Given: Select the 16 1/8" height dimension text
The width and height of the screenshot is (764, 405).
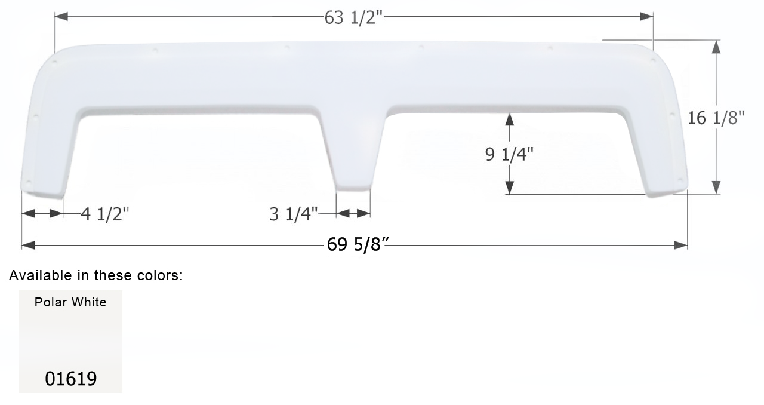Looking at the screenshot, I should pyautogui.click(x=716, y=118).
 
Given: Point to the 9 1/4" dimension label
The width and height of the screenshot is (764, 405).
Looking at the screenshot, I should pyautogui.click(x=509, y=154).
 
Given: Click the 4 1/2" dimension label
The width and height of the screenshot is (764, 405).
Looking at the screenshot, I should pyautogui.click(x=105, y=214).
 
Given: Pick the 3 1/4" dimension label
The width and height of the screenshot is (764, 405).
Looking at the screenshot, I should pyautogui.click(x=293, y=214).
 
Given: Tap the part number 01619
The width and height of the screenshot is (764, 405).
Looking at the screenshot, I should pyautogui.click(x=70, y=379).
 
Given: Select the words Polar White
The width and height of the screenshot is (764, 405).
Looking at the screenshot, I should pyautogui.click(x=70, y=302).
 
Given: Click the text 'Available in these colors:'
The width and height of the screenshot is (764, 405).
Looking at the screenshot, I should pyautogui.click(x=95, y=275).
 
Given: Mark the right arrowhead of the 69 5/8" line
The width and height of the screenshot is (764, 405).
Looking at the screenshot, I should pyautogui.click(x=680, y=245).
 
